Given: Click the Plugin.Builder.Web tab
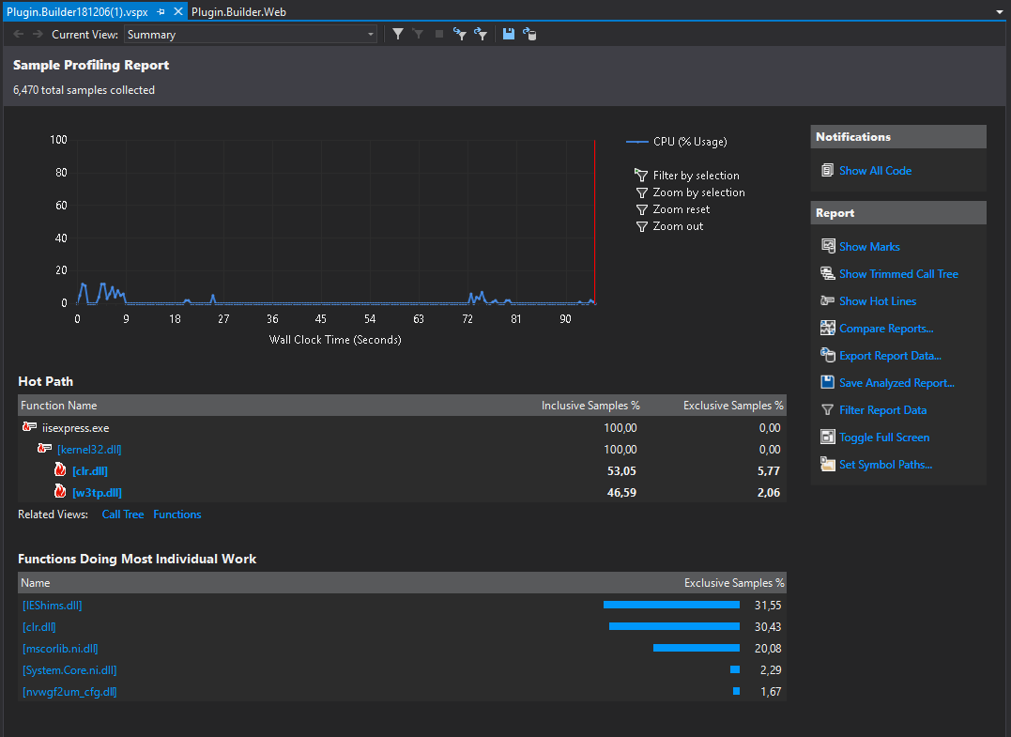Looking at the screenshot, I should [238, 11].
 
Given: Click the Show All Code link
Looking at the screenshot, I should [875, 171].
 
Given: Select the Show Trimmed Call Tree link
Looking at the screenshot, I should [898, 274].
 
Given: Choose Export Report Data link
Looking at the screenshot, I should [890, 356].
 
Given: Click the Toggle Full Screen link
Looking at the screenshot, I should [884, 438].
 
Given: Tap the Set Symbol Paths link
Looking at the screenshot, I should [885, 465].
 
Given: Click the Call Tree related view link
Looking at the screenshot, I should [123, 514].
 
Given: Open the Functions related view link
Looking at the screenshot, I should [177, 514].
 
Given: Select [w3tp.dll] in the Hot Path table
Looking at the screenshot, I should [97, 493].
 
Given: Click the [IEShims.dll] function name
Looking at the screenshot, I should [52, 606].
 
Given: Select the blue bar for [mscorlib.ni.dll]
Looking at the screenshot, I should [696, 648].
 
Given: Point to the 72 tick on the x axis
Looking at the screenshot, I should [467, 319].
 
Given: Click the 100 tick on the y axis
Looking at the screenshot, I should [58, 140].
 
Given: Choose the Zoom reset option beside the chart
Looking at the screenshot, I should [681, 209].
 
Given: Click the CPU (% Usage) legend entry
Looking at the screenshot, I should [689, 142].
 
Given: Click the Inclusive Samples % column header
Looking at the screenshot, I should [590, 406].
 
